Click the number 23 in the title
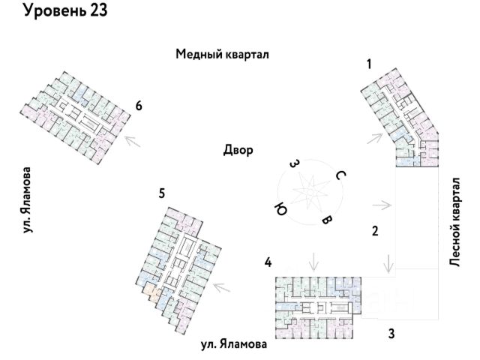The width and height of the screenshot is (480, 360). click(98, 10)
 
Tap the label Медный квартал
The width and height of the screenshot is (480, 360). click(222, 54)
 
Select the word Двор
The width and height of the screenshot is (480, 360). click(238, 150)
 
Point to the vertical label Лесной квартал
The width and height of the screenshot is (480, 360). click(455, 222)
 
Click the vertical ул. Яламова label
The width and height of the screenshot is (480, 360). click(27, 199)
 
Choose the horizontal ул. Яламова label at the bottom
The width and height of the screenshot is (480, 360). click(234, 344)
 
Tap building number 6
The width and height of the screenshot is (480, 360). click(139, 106)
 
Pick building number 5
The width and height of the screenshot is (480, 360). click(162, 193)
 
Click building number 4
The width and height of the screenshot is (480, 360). click(268, 262)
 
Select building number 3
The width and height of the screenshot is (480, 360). click(391, 333)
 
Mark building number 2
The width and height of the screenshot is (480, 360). click(375, 231)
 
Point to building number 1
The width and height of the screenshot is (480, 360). click(369, 64)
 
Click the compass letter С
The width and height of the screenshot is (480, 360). click(340, 175)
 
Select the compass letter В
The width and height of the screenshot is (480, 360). click(327, 220)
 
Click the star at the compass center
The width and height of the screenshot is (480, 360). click(310, 190)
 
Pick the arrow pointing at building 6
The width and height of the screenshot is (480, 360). click(132, 142)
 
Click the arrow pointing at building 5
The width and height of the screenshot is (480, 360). click(222, 287)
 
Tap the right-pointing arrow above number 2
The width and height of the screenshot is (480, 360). click(382, 205)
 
